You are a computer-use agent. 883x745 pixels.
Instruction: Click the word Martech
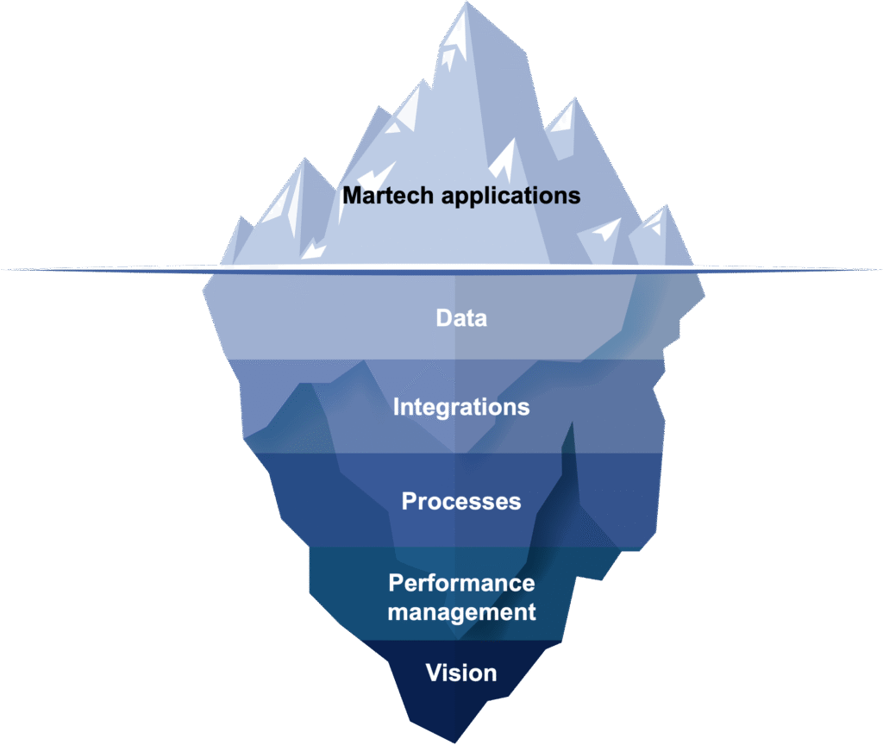click(389, 196)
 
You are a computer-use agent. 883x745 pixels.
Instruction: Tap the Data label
click(461, 318)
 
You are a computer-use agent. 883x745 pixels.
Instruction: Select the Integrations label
click(461, 408)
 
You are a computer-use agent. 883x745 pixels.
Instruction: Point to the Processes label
click(461, 501)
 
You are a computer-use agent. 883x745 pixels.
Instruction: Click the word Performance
click(462, 584)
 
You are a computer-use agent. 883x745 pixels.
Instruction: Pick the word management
click(462, 613)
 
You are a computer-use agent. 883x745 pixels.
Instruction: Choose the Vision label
click(461, 673)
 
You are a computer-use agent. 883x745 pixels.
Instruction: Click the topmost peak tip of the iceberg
click(467, 3)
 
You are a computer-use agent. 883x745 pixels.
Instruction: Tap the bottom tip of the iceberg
click(455, 742)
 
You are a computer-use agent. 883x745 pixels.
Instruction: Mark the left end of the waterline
click(3, 270)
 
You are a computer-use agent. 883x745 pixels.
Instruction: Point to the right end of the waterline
click(880, 270)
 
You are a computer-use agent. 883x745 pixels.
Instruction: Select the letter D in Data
click(444, 318)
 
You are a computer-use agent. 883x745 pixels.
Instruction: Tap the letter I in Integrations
click(396, 407)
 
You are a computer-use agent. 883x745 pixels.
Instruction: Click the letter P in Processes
click(410, 501)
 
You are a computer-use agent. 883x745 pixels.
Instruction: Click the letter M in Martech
click(353, 196)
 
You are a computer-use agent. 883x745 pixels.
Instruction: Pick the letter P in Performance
click(397, 584)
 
